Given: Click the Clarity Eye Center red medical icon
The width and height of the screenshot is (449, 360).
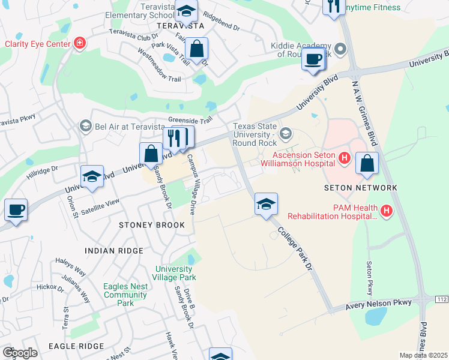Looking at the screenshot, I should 79,43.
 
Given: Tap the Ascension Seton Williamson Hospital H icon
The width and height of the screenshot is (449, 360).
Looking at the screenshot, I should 345,158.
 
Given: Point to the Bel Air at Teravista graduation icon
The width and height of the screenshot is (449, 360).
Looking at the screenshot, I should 85,126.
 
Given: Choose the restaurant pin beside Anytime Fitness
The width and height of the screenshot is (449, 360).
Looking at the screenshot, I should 332,7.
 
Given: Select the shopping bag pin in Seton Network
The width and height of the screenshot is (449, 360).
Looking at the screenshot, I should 367,164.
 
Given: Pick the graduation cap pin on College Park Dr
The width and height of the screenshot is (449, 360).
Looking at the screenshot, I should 266,204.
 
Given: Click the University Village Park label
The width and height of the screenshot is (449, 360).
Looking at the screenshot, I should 175,274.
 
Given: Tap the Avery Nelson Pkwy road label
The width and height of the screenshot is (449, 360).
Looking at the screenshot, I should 380,305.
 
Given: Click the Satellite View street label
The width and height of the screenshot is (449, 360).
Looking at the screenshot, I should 101,204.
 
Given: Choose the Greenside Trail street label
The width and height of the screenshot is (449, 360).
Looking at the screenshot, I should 191,120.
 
